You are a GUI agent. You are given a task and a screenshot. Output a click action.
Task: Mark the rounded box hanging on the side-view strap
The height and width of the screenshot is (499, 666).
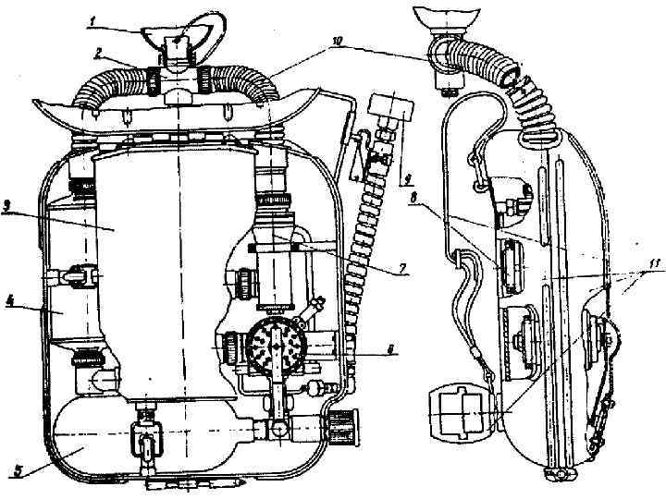[457, 411]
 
